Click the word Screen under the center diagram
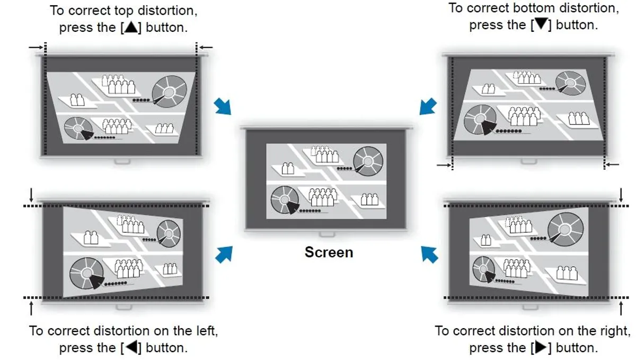(x=329, y=252)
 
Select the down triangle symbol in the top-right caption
(x=541, y=24)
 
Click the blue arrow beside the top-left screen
(x=223, y=106)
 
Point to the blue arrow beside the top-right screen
(x=428, y=106)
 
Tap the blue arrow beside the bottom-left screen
(x=224, y=254)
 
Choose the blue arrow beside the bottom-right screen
(x=429, y=254)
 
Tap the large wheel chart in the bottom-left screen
(x=85, y=273)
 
